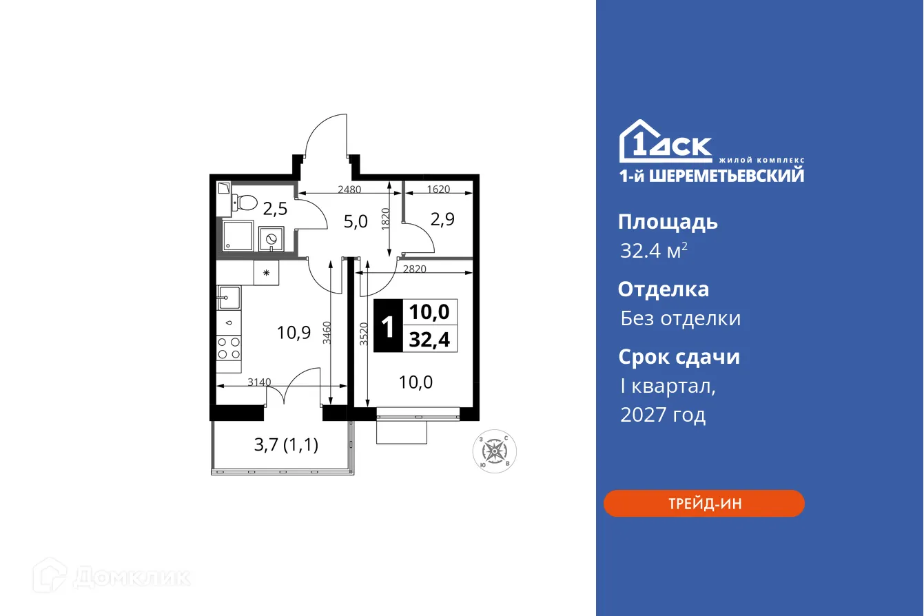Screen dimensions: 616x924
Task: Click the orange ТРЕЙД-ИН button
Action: click(x=704, y=503)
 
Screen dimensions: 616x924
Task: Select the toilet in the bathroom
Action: click(x=244, y=202)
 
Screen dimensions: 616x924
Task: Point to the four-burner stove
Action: click(x=229, y=348)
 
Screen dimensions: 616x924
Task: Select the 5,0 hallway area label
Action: click(x=356, y=221)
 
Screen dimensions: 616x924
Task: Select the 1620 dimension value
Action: click(x=438, y=188)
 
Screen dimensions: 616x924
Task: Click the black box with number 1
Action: click(x=388, y=327)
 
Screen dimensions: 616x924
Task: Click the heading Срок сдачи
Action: click(x=678, y=357)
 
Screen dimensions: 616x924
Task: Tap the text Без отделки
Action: click(x=680, y=318)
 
